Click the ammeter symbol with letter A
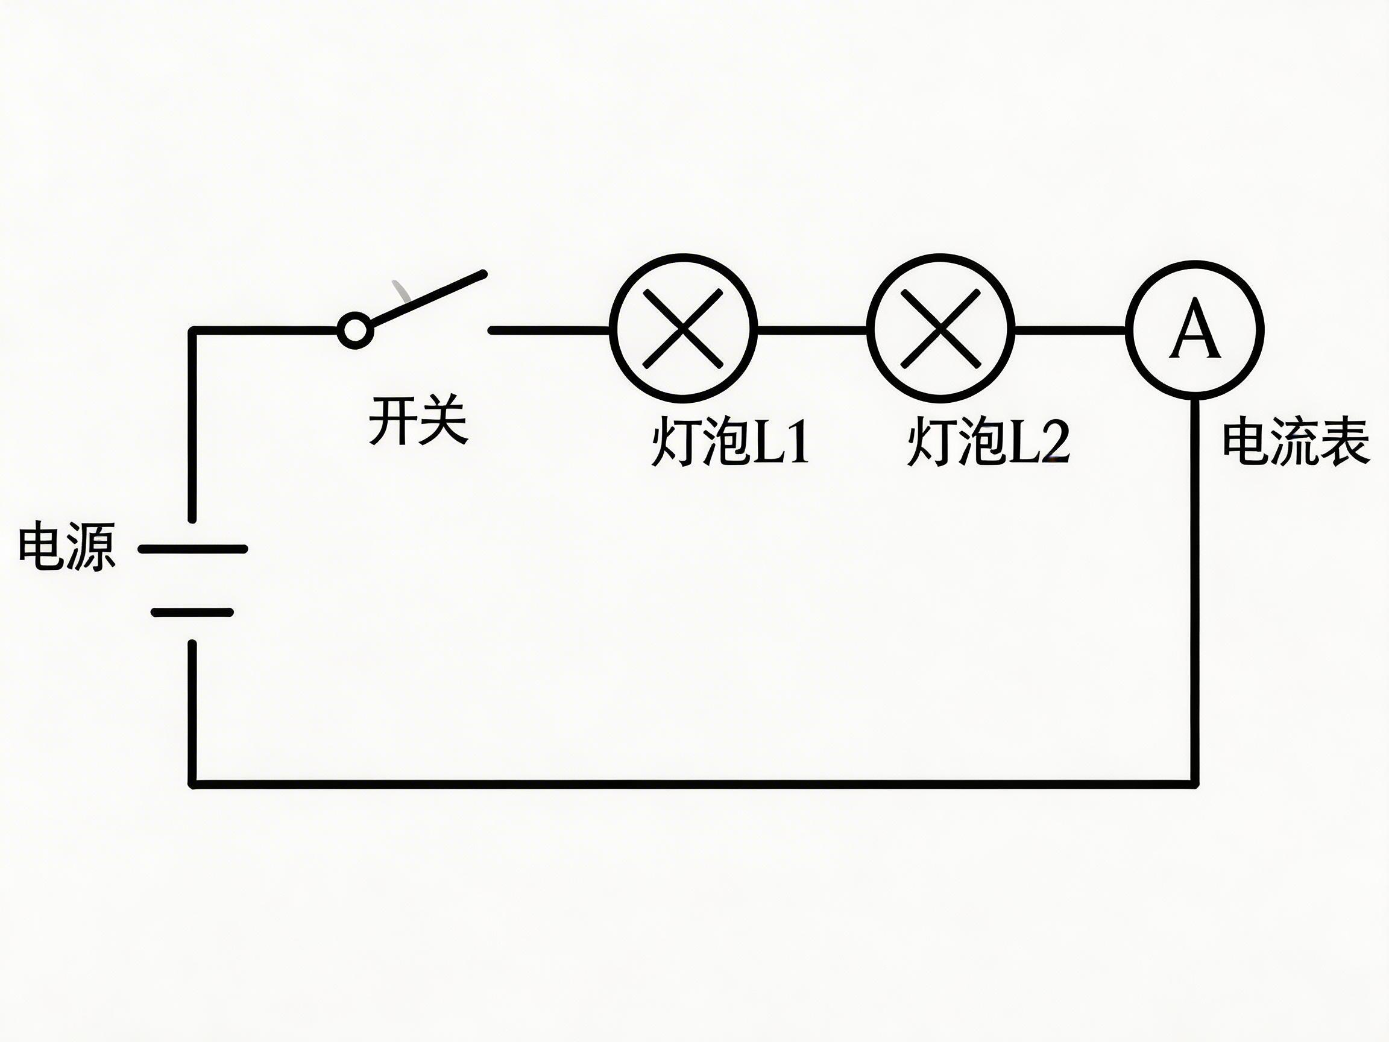click(1195, 329)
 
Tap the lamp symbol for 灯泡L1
click(683, 328)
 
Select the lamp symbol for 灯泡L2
click(940, 328)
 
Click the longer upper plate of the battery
click(193, 549)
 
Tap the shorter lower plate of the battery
click(193, 613)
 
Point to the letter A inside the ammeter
click(1195, 329)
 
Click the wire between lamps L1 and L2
click(811, 329)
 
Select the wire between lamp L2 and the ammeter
click(1069, 329)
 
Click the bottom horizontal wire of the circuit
click(691, 784)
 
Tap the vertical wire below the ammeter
click(1195, 590)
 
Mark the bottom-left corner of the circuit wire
click(193, 784)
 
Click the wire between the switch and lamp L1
click(549, 330)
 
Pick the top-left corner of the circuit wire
click(193, 330)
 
